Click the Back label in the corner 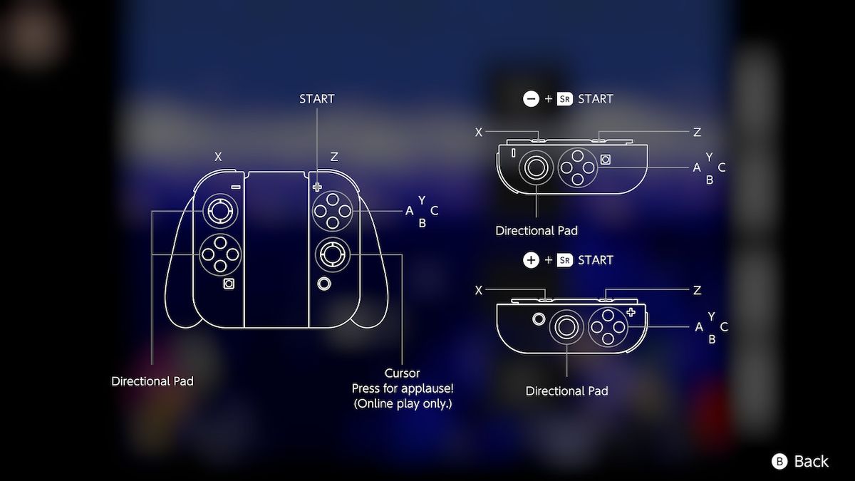click(x=811, y=462)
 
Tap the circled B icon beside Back click(x=779, y=462)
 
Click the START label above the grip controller click(x=317, y=99)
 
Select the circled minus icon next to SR click(x=531, y=99)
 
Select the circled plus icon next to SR click(x=531, y=260)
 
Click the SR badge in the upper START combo click(x=565, y=99)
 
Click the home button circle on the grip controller click(x=324, y=284)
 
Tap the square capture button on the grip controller click(x=229, y=284)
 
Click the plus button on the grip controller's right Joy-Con click(x=317, y=187)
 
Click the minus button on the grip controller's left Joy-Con click(x=235, y=187)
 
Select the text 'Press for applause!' click(x=403, y=388)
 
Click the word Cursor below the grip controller click(x=403, y=373)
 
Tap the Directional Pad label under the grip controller click(x=152, y=381)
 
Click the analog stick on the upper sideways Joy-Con click(x=536, y=168)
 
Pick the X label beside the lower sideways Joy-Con click(x=479, y=290)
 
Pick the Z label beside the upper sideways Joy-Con click(x=697, y=132)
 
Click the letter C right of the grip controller click(x=435, y=211)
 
